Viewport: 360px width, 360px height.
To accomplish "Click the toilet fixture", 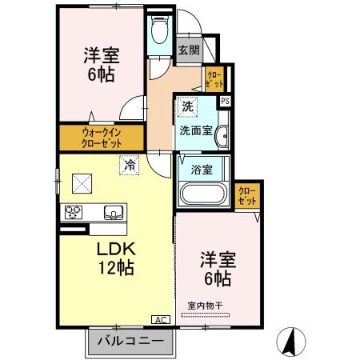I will [x=158, y=32].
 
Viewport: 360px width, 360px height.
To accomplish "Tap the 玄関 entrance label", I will [x=189, y=50].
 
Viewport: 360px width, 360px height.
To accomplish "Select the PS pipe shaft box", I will [x=226, y=101].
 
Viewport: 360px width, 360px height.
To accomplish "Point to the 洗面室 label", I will [x=195, y=130].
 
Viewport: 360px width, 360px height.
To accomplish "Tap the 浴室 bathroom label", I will [x=202, y=170].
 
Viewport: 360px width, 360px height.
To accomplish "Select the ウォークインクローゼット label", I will [x=102, y=138].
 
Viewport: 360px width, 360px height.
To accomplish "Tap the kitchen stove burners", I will [x=74, y=212].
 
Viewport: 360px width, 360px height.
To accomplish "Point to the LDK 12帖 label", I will [x=115, y=258].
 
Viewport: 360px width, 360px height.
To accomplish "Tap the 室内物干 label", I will [x=206, y=304].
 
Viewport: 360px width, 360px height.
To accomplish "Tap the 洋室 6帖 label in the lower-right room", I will [x=216, y=270].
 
